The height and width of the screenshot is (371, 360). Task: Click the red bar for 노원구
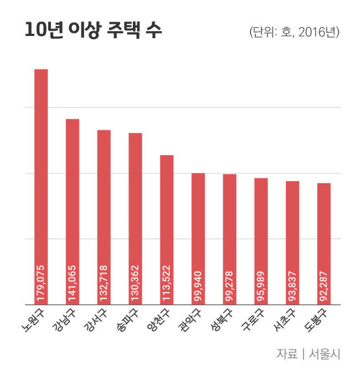pyautogui.click(x=41, y=187)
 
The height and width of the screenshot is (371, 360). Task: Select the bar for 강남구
pyautogui.click(x=73, y=212)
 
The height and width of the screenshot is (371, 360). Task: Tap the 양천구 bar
pyautogui.click(x=167, y=230)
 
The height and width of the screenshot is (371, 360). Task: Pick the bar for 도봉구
pyautogui.click(x=324, y=244)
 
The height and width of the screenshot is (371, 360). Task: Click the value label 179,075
pyautogui.click(x=41, y=283)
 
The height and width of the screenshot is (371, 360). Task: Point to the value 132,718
pyautogui.click(x=104, y=283)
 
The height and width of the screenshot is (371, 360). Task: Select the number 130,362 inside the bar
pyautogui.click(x=135, y=283)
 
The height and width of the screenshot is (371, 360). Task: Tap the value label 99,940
pyautogui.click(x=198, y=286)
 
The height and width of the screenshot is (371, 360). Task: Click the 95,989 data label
pyautogui.click(x=261, y=286)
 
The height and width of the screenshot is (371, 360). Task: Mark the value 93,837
pyautogui.click(x=292, y=286)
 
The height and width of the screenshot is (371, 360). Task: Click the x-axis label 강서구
pyautogui.click(x=96, y=320)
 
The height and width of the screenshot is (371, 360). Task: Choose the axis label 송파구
pyautogui.click(x=127, y=320)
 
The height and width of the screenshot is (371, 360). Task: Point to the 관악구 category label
pyautogui.click(x=190, y=320)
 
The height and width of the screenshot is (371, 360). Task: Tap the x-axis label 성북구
pyautogui.click(x=222, y=320)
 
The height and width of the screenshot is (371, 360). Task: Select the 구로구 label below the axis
pyautogui.click(x=253, y=320)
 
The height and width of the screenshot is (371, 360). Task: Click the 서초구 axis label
pyautogui.click(x=284, y=320)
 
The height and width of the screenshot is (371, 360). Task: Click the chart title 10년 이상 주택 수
pyautogui.click(x=93, y=30)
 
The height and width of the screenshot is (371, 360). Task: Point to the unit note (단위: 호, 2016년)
pyautogui.click(x=295, y=32)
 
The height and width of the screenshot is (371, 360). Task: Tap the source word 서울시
pyautogui.click(x=324, y=354)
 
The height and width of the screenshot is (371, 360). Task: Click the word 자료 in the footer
pyautogui.click(x=287, y=354)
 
